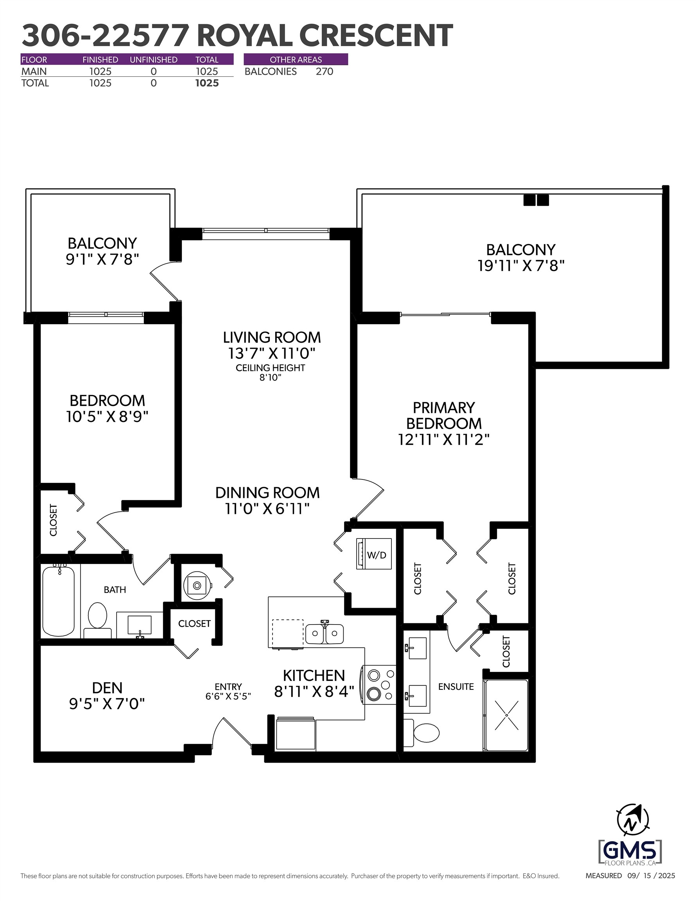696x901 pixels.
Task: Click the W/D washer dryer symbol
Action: click(x=374, y=554)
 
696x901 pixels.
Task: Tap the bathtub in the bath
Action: click(x=59, y=601)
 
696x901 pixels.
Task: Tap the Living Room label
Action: click(x=271, y=337)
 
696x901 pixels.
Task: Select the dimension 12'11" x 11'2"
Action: click(x=443, y=440)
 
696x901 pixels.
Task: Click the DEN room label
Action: click(x=107, y=688)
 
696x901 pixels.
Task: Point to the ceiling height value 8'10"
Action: click(x=270, y=377)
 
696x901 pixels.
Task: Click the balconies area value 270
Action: click(x=324, y=72)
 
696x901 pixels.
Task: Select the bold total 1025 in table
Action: click(x=207, y=83)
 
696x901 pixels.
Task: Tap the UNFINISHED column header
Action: click(x=154, y=59)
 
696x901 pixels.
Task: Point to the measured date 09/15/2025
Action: click(x=651, y=876)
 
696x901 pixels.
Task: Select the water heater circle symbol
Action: click(x=197, y=585)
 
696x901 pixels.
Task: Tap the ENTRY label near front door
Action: click(x=228, y=686)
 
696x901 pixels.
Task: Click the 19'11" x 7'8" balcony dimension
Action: click(x=521, y=266)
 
